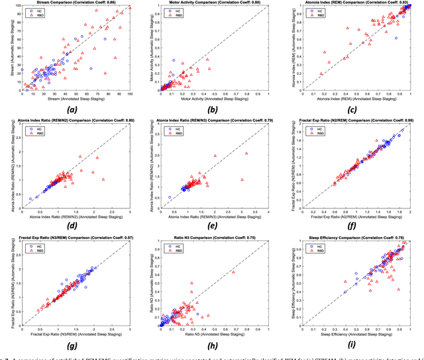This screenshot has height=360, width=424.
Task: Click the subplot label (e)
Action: click(213, 225)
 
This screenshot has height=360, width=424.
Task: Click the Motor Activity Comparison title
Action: click(213, 3)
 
